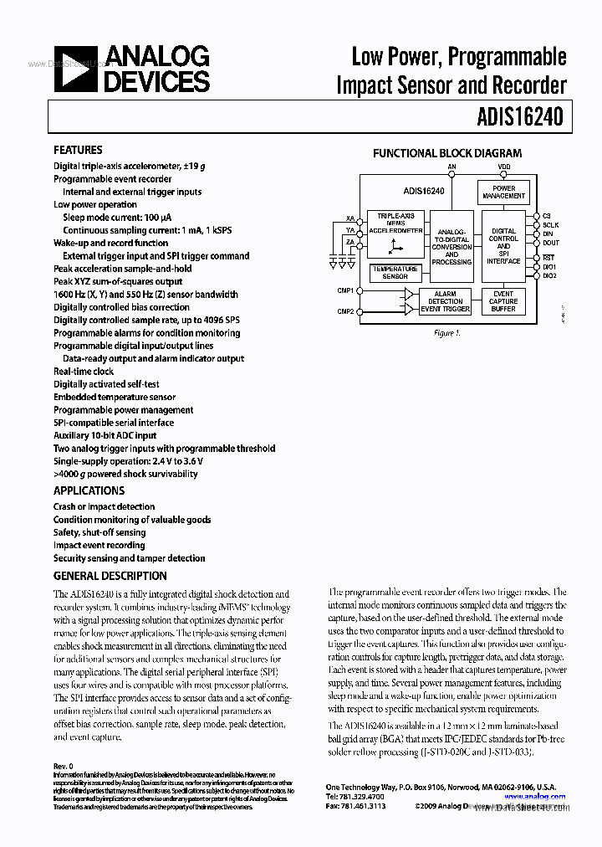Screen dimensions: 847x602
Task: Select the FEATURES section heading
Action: coord(78,150)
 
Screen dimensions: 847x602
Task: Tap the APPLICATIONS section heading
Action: coord(89,490)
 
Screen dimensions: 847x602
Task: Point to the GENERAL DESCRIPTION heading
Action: coord(110,576)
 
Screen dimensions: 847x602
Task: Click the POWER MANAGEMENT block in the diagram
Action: coord(503,192)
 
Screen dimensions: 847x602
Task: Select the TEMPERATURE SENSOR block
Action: coord(395,273)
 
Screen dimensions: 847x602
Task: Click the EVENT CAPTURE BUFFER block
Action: coord(503,301)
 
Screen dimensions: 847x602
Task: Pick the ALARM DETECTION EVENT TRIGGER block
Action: coord(445,301)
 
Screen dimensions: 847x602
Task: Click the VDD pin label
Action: coord(503,167)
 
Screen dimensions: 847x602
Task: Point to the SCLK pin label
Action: coord(550,225)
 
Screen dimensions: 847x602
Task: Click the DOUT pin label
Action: coord(550,244)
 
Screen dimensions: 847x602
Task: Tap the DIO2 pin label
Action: coord(549,275)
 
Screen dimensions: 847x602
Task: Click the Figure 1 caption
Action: coord(446,333)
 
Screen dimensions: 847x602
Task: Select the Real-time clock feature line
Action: coord(84,372)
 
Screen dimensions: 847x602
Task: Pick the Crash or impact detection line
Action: coord(104,506)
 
